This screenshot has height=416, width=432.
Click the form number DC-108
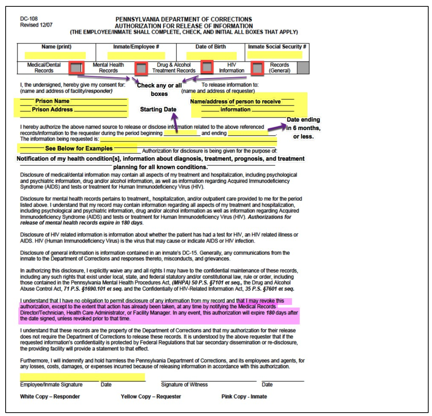(x=29, y=19)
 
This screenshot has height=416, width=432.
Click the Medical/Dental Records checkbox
(x=76, y=68)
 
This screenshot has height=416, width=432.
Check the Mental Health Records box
(x=141, y=68)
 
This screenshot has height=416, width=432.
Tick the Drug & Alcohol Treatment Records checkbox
(x=207, y=67)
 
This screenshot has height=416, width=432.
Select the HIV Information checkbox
(x=257, y=68)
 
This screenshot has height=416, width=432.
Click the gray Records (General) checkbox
(x=303, y=68)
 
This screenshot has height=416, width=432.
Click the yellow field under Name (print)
(x=55, y=55)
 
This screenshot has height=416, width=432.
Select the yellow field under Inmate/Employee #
(x=136, y=56)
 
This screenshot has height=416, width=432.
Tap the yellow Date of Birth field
(x=212, y=56)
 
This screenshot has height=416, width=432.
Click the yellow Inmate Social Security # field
(x=274, y=55)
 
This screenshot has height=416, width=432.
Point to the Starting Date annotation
(x=158, y=109)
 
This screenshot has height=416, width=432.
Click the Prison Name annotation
(x=52, y=101)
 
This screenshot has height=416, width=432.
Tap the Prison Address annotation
(x=52, y=110)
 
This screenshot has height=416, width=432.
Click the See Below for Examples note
(x=79, y=148)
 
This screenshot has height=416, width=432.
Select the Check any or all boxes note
(x=159, y=90)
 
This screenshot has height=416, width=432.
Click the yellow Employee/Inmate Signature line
(x=82, y=377)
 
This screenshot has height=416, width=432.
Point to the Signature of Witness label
(x=184, y=385)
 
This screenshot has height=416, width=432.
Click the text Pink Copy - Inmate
(x=244, y=397)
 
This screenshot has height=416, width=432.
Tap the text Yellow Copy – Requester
(x=151, y=397)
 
